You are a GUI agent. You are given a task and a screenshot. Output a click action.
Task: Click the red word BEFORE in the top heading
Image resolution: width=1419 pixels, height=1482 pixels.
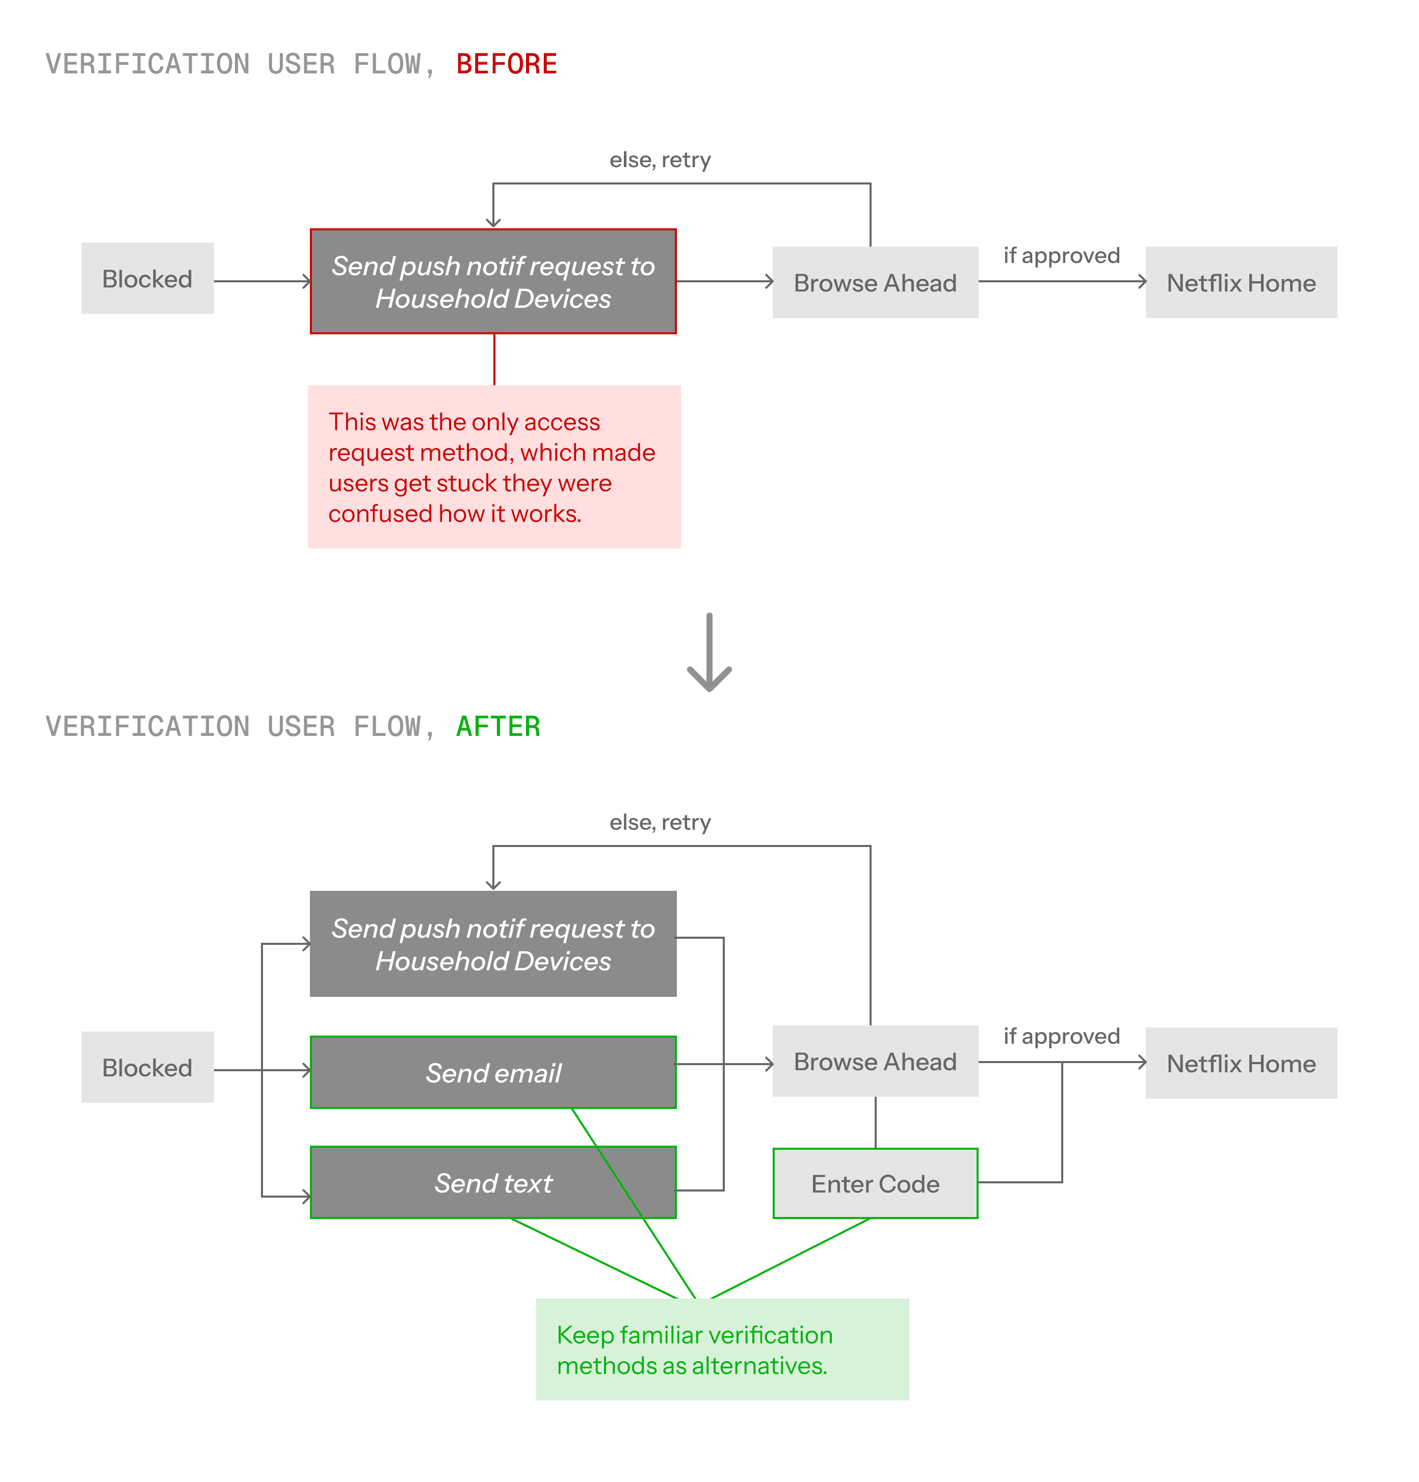pos(506,64)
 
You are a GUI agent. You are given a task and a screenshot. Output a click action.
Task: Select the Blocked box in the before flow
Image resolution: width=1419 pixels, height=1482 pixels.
pos(147,279)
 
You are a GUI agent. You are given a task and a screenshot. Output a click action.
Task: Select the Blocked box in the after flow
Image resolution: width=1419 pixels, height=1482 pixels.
pos(147,1068)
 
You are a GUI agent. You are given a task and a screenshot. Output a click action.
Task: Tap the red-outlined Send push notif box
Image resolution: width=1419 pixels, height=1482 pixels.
pos(493,282)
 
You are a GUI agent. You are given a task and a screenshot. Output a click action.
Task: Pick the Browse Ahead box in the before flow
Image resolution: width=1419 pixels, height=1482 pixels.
pos(875,283)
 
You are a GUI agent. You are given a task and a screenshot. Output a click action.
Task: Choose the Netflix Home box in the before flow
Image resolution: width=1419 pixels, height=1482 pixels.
pos(1241,283)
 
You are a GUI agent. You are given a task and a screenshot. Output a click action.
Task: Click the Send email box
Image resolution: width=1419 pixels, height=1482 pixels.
pos(493,1073)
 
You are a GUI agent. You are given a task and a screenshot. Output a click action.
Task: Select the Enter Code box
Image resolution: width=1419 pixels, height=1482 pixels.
pos(875,1184)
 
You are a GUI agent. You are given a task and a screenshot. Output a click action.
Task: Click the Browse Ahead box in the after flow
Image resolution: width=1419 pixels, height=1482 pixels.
pos(875,1062)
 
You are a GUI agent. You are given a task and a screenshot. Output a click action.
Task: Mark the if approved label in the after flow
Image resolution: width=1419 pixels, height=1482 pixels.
pos(1061,1036)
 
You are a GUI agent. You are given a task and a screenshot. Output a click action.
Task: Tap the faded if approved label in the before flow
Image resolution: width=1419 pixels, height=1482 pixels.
pos(1061,255)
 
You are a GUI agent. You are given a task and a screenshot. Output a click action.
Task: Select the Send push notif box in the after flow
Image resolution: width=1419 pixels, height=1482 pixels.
pos(493,944)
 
